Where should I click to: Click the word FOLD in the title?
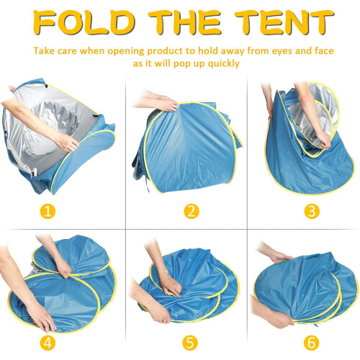point(84,22)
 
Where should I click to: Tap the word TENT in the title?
point(284,22)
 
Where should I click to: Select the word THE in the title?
point(184,22)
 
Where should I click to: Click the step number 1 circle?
point(48,211)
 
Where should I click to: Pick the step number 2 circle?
point(192,211)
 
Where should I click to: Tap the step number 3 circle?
point(312,211)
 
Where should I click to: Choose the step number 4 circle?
point(48,342)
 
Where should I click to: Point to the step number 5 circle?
point(190,342)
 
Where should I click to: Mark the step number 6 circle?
point(311,342)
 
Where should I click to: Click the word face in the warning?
point(324,51)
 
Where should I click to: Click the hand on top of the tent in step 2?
point(168,104)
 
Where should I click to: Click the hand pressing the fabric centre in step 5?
point(171,286)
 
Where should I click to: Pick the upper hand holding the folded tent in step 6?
point(281,257)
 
